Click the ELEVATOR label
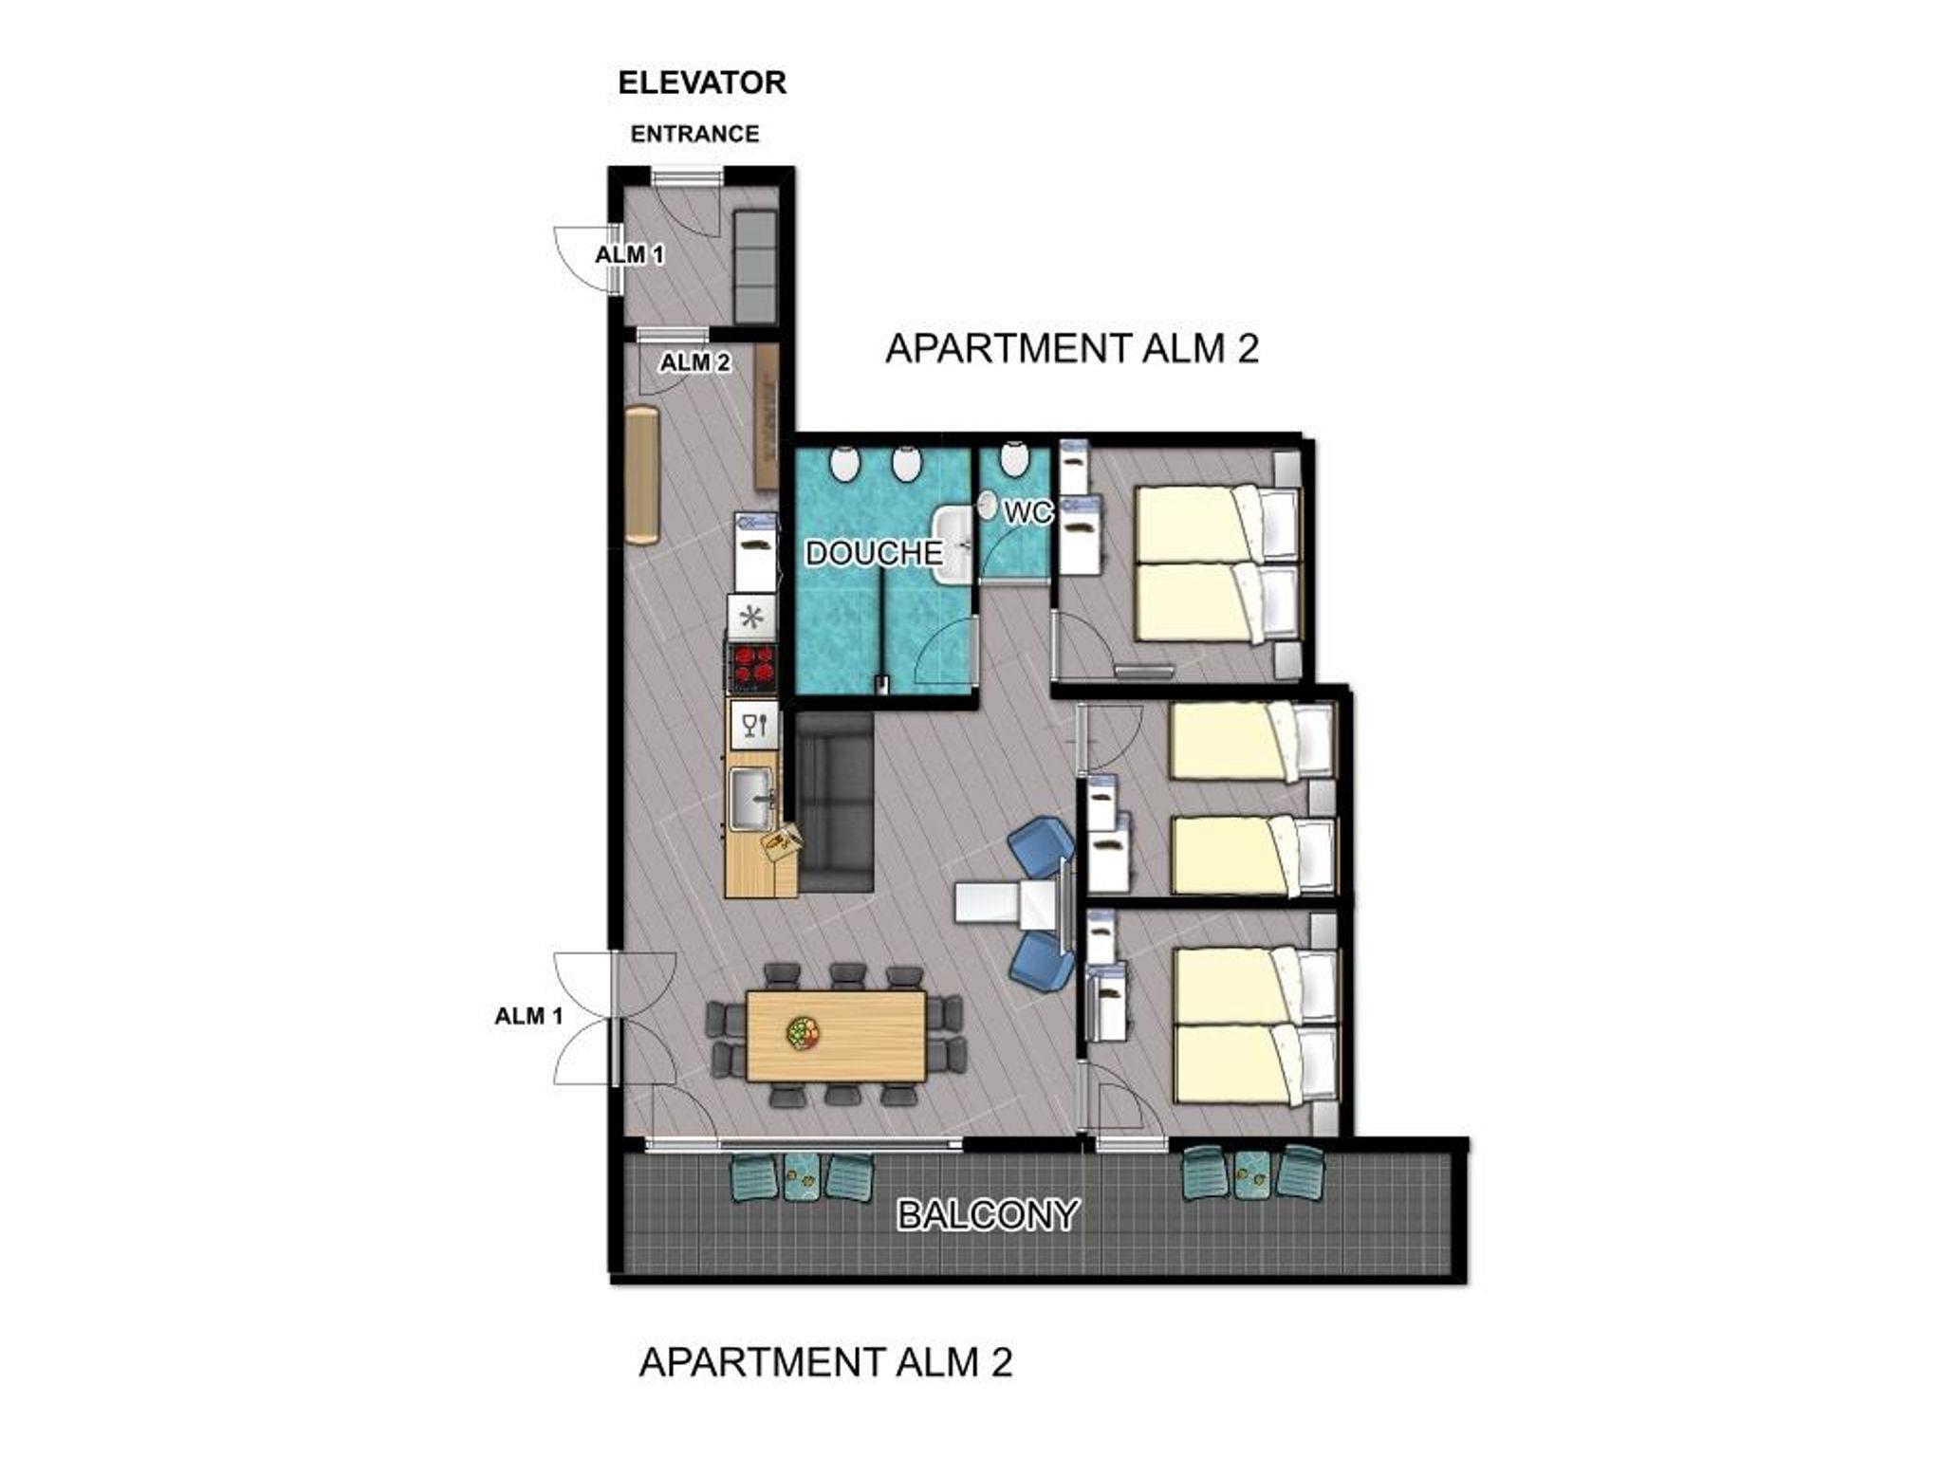point(702,83)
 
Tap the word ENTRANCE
point(694,134)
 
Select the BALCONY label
point(988,1214)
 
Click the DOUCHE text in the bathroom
point(874,553)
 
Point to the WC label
point(1028,512)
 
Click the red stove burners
point(752,664)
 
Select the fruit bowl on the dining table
point(804,1033)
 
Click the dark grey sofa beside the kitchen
point(835,803)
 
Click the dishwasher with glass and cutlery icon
point(753,727)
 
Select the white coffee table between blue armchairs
point(1011,901)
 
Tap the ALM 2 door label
point(695,362)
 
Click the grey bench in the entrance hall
point(754,267)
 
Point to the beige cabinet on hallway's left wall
point(641,475)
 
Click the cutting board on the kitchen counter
point(782,843)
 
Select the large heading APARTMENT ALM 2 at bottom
point(825,1362)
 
